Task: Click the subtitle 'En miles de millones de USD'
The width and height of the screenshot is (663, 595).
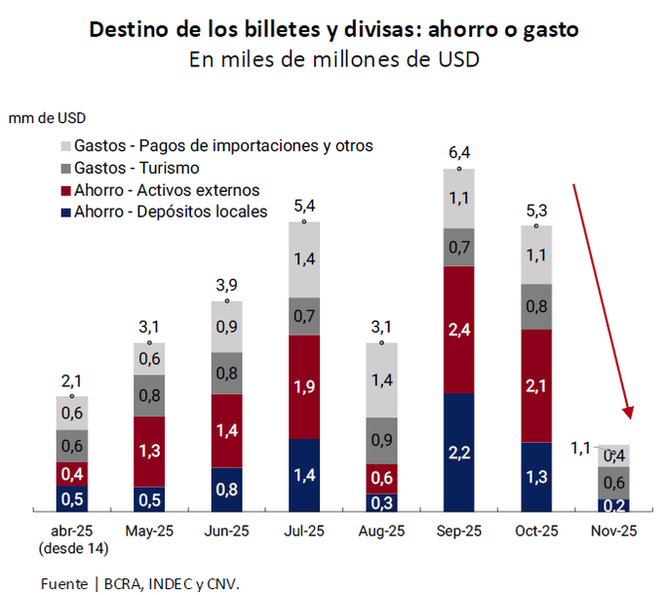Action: (334, 59)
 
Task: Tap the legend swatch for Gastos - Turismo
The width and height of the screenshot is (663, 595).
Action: (64, 168)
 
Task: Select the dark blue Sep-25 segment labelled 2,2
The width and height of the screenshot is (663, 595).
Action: (459, 452)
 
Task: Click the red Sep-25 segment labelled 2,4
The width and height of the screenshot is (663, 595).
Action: (459, 330)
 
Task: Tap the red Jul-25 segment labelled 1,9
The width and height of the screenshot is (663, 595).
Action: (304, 387)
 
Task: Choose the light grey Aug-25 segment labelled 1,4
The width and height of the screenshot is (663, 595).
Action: (381, 379)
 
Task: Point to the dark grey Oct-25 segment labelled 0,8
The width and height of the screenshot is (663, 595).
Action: (536, 306)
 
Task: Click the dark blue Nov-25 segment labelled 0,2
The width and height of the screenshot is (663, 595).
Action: (613, 505)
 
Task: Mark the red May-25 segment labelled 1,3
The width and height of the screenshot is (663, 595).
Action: (149, 451)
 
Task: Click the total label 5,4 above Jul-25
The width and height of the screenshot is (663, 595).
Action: (304, 206)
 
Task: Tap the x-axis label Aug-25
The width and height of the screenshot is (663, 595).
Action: (381, 531)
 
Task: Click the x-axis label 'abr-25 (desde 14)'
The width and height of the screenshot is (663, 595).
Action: (72, 538)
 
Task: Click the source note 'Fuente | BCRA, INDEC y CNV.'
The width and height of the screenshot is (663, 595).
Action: (139, 583)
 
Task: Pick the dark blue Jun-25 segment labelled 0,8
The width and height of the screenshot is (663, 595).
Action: (226, 490)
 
